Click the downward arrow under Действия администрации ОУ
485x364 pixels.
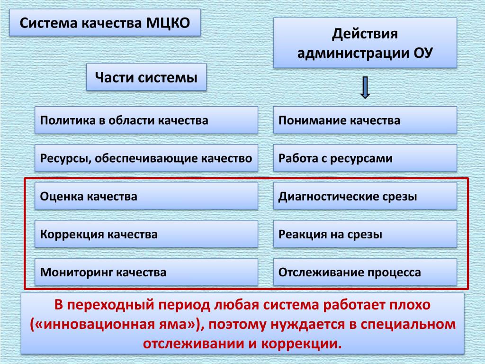[x=365, y=87]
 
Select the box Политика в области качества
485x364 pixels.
[x=146, y=120]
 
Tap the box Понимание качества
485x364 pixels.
[x=365, y=120]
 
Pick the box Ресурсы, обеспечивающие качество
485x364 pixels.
[x=146, y=158]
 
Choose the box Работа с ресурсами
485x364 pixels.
[x=365, y=158]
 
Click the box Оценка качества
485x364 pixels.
[x=146, y=196]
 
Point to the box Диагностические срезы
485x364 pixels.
[x=365, y=196]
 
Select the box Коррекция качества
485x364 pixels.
[x=146, y=234]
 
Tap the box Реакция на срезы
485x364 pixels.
[x=365, y=234]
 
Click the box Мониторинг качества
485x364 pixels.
[x=146, y=272]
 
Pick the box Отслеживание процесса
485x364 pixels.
[x=365, y=272]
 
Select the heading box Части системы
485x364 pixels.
[x=146, y=77]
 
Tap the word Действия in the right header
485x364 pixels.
[x=365, y=34]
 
